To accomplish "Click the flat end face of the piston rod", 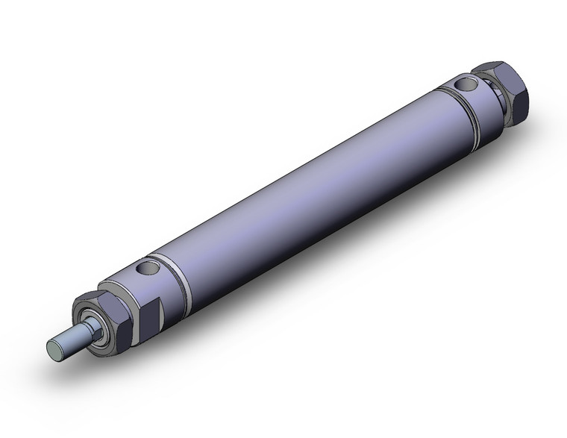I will pyautogui.click(x=54, y=347).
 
